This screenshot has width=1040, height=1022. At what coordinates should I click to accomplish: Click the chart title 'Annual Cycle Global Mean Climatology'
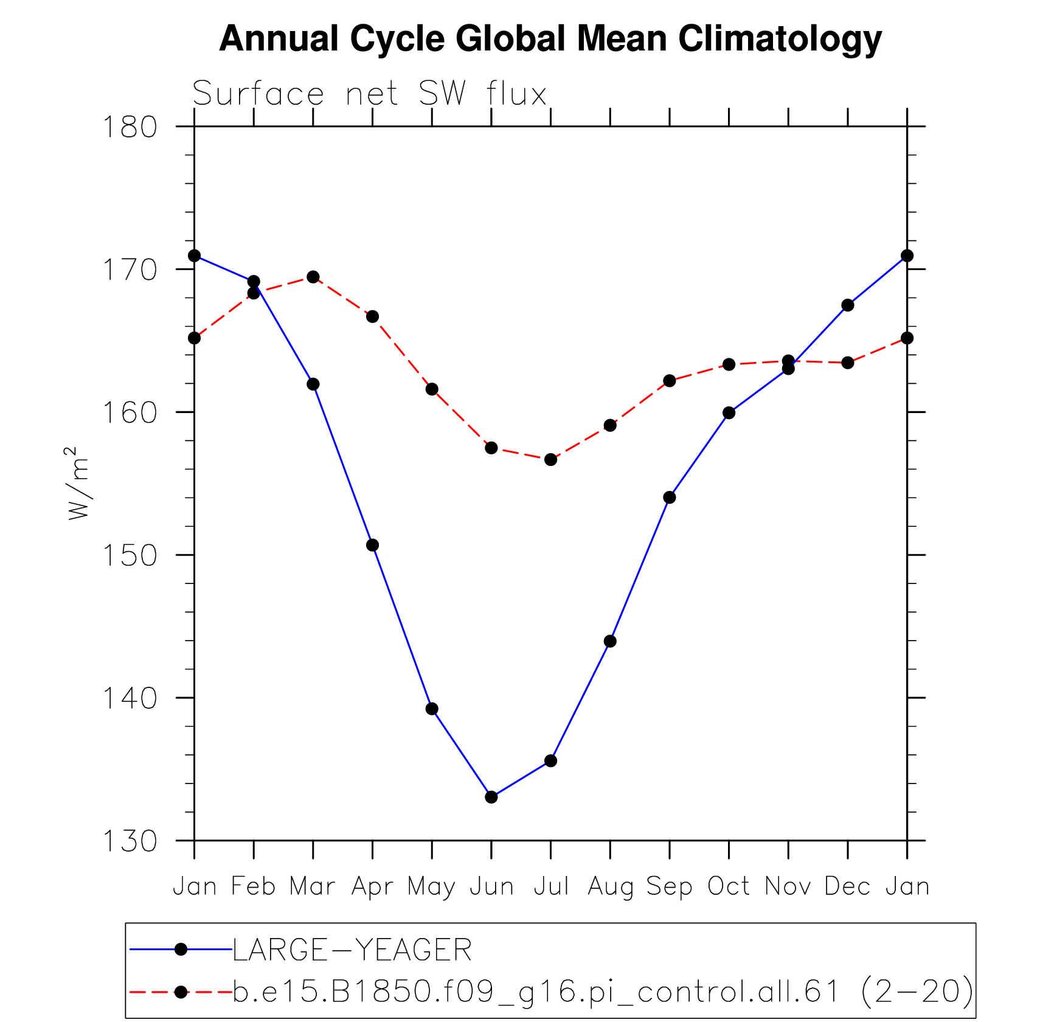coord(550,39)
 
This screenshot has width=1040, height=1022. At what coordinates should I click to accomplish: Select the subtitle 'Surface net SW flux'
coord(370,94)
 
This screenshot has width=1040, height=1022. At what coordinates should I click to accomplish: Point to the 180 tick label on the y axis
coord(130,127)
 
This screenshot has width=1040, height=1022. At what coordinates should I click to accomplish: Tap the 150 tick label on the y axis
coord(130,555)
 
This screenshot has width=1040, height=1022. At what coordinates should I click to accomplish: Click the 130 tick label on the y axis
coord(130,841)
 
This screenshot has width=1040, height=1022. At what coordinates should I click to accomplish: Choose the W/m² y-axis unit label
coord(78,484)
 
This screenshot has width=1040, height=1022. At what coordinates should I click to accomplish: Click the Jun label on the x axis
coord(492,887)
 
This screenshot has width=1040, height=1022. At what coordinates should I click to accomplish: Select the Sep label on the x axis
coord(669,887)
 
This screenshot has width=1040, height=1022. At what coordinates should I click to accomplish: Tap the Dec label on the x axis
coord(847,887)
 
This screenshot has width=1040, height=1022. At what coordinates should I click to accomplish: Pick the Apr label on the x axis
coord(372,887)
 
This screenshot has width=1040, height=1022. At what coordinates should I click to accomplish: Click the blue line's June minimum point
coord(491,797)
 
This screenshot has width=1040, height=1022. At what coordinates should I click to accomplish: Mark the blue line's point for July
coord(551,761)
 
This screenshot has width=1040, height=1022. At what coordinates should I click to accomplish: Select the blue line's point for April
coord(373,545)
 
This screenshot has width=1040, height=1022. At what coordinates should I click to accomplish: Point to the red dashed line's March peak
coord(313,277)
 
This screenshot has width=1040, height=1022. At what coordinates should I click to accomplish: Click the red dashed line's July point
coord(551,459)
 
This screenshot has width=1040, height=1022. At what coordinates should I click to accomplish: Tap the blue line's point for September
coord(670,498)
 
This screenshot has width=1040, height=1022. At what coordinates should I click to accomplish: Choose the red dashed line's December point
coord(848,363)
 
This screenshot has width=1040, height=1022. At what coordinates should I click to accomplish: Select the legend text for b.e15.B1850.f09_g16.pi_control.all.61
coord(602,992)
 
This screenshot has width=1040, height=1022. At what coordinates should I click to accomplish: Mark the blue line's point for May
coord(432,709)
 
